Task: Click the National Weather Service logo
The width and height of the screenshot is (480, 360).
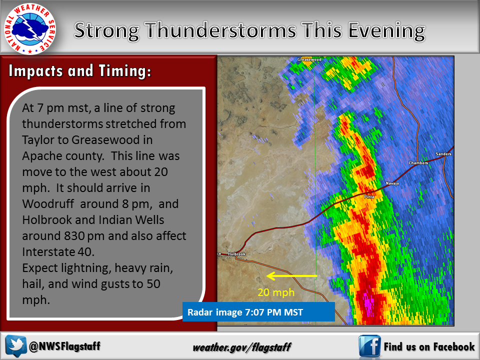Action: point(29,29)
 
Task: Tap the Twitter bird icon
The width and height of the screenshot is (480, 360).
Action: point(16,346)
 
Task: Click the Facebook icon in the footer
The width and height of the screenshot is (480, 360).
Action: point(369,346)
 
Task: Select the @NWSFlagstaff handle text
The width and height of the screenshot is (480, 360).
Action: point(64,346)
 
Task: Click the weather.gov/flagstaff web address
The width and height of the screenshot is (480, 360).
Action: point(242,347)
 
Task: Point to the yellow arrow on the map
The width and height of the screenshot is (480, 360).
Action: point(291,276)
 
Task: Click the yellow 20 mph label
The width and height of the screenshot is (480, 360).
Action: point(276,292)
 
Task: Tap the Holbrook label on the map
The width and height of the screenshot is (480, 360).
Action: point(236,254)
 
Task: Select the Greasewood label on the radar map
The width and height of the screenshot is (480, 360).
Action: point(309,59)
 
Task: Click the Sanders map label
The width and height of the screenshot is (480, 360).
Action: point(443,154)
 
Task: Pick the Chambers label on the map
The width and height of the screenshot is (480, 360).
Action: point(418,163)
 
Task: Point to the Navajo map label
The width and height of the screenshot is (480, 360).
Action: point(392,183)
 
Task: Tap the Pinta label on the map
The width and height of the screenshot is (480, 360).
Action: point(369,196)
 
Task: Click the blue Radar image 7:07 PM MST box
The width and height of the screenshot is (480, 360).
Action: point(258,312)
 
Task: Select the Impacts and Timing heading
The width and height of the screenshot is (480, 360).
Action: point(80,71)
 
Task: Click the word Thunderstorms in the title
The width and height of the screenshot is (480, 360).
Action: point(220,30)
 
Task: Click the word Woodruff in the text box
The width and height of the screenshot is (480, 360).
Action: point(48,204)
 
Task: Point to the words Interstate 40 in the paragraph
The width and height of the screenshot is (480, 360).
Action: point(58,251)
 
